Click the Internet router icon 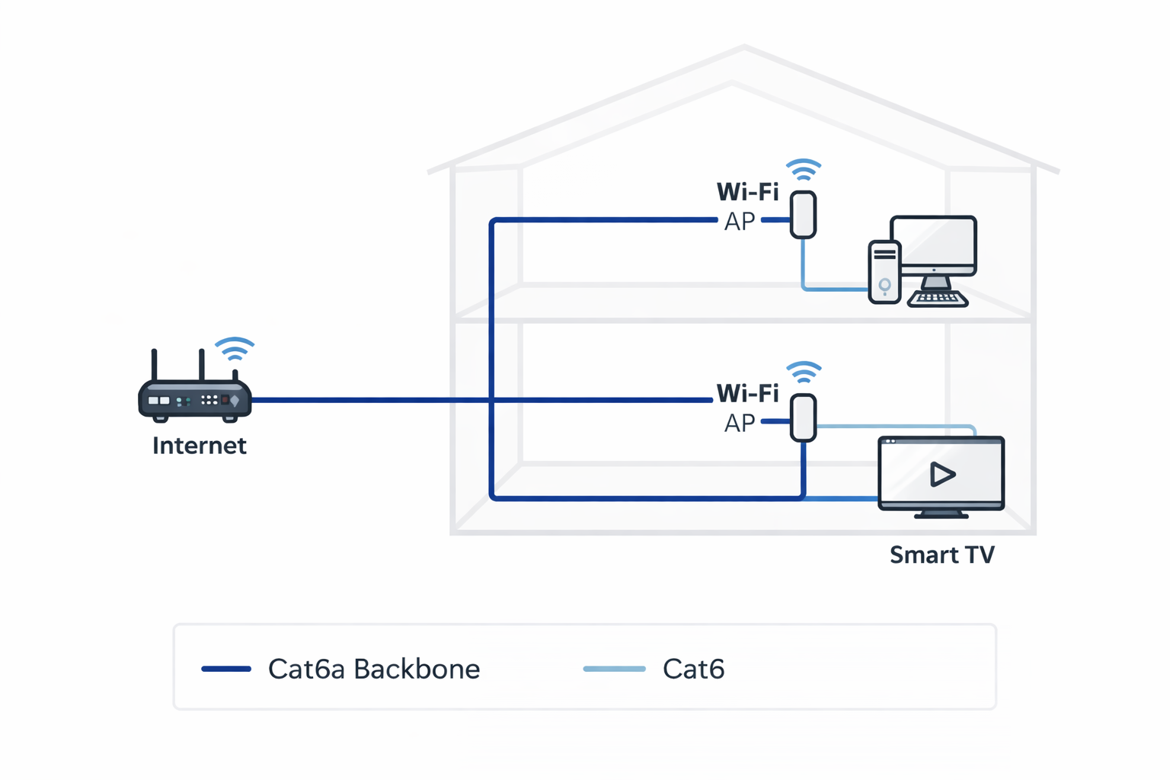(x=195, y=399)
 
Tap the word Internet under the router (x=199, y=446)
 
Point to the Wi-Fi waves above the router (x=235, y=349)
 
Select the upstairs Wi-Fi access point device (x=803, y=215)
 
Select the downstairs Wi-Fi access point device (x=803, y=417)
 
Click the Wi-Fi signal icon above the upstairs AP (x=804, y=169)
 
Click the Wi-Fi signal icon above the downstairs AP (x=804, y=372)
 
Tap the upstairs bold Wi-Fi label (x=747, y=191)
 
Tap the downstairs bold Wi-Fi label (x=747, y=393)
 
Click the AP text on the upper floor (x=739, y=222)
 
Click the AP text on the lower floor (x=739, y=423)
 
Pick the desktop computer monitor (x=933, y=244)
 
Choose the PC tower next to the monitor (x=884, y=272)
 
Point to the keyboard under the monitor (x=938, y=299)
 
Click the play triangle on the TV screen (x=942, y=475)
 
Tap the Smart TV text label (x=941, y=555)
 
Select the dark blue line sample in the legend (x=226, y=669)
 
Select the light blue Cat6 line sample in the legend (x=614, y=669)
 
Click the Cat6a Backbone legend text (x=373, y=669)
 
